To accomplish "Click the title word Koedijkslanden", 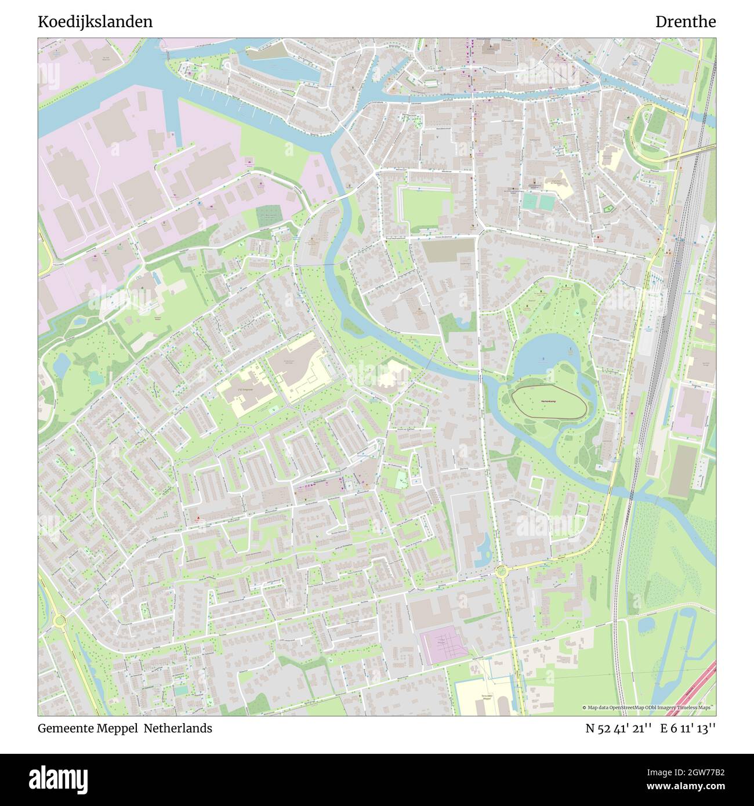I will [96, 22].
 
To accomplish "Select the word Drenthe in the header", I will [686, 22].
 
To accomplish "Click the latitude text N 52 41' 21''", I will [620, 728].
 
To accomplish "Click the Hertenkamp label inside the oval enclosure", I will [549, 401].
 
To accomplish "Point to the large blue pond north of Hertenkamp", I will [543, 354].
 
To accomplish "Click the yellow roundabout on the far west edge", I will [59, 621].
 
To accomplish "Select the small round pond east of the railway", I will [646, 624].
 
